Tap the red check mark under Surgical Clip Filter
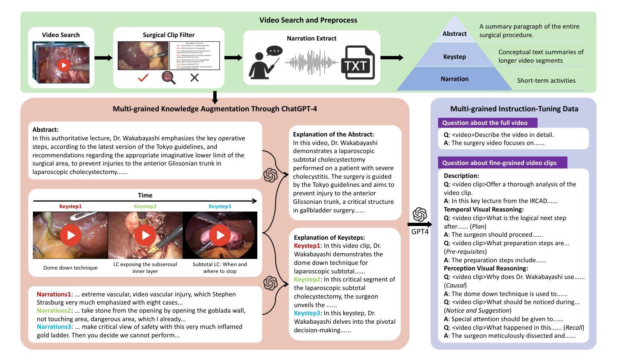pos(143,78)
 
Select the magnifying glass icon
pos(169,78)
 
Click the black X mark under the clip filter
pos(195,78)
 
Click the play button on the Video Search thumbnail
pos(64,65)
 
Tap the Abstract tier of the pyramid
pos(454,34)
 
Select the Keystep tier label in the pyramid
pos(454,57)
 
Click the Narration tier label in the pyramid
pos(454,79)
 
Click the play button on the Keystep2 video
pos(146,235)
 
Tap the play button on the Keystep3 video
pos(220,235)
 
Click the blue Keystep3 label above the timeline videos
pos(220,206)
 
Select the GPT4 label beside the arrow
pos(420,232)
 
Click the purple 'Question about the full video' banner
pos(487,123)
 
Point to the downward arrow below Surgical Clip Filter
pos(215,98)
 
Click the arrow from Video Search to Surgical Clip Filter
pos(104,58)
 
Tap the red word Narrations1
pos(54,294)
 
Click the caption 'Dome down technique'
pos(70,268)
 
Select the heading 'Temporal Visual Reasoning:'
pos(483,209)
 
